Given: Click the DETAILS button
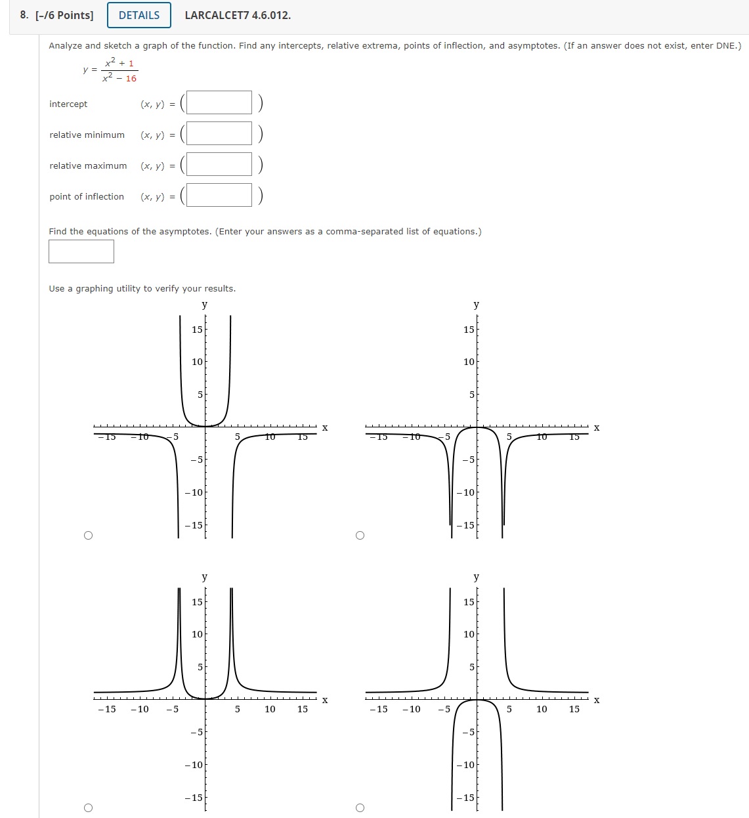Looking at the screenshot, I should (139, 15).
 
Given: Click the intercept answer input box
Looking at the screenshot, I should (219, 102).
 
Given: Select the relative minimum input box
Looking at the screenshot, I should (219, 133).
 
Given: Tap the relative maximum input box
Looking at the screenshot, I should (219, 164).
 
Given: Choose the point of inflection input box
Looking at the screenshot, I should (219, 195).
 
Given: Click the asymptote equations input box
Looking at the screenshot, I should (81, 251).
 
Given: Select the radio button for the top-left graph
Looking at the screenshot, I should (89, 535).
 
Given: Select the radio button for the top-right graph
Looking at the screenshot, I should (360, 535).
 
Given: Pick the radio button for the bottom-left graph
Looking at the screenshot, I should (89, 807).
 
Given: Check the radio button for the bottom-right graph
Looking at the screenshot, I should (360, 807).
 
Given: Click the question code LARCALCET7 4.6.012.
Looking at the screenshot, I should (238, 15).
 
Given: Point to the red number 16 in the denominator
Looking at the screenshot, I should (131, 79).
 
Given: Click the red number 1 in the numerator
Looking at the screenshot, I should (131, 64).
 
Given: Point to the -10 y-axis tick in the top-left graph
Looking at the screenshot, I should (194, 492).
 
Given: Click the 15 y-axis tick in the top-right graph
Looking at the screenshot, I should (469, 330).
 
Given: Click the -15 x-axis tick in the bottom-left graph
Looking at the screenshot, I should (107, 709).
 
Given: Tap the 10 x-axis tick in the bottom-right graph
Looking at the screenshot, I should (542, 709).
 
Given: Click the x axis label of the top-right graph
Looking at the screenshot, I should (597, 428).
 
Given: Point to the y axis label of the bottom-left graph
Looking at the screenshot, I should (205, 577).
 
